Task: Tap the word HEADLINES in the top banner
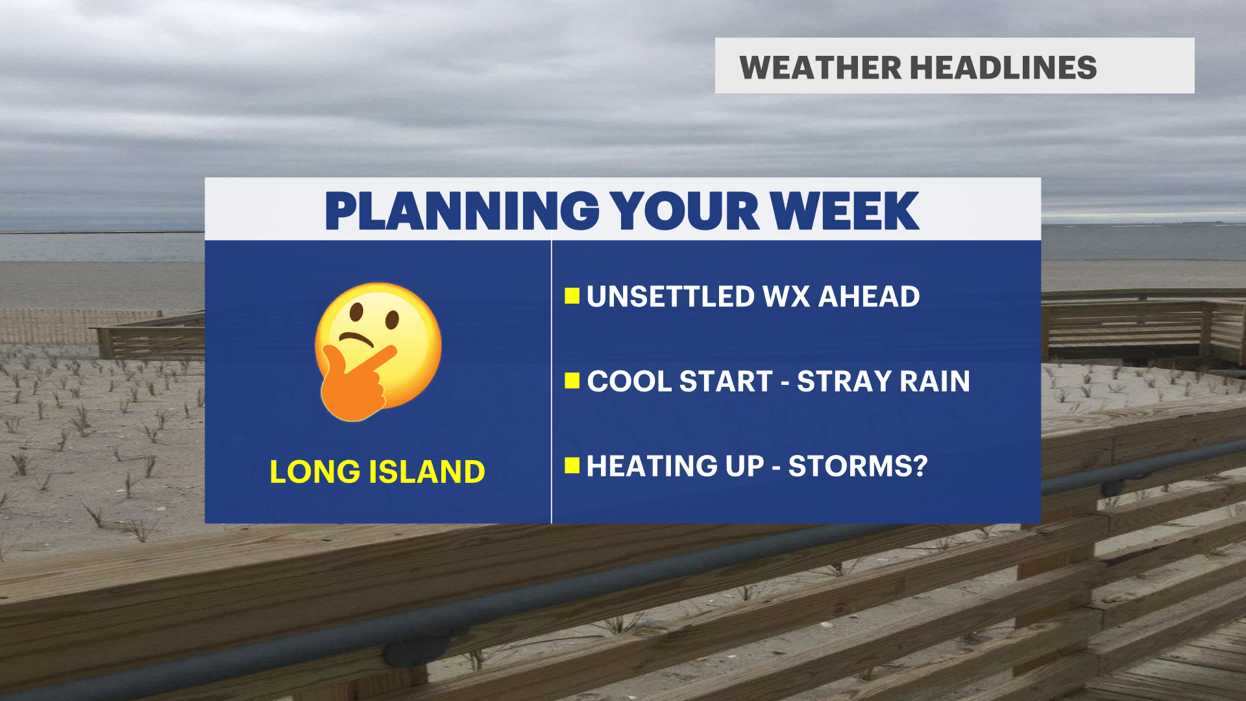tap(1003, 68)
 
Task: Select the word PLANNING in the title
tap(462, 211)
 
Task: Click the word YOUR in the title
tap(685, 211)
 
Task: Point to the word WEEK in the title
tap(844, 211)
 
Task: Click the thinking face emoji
tap(378, 351)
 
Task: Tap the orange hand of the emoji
tap(356, 383)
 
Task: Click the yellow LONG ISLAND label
tap(377, 472)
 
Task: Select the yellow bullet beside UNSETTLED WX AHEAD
tap(572, 296)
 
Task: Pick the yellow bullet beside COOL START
tap(572, 380)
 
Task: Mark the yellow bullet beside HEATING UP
tap(572, 465)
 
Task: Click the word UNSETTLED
tap(670, 297)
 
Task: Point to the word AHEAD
tap(869, 297)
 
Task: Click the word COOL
tap(628, 381)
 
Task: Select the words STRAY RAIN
tap(883, 381)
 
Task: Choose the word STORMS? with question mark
tap(858, 466)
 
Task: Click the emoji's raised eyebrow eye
tap(356, 312)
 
